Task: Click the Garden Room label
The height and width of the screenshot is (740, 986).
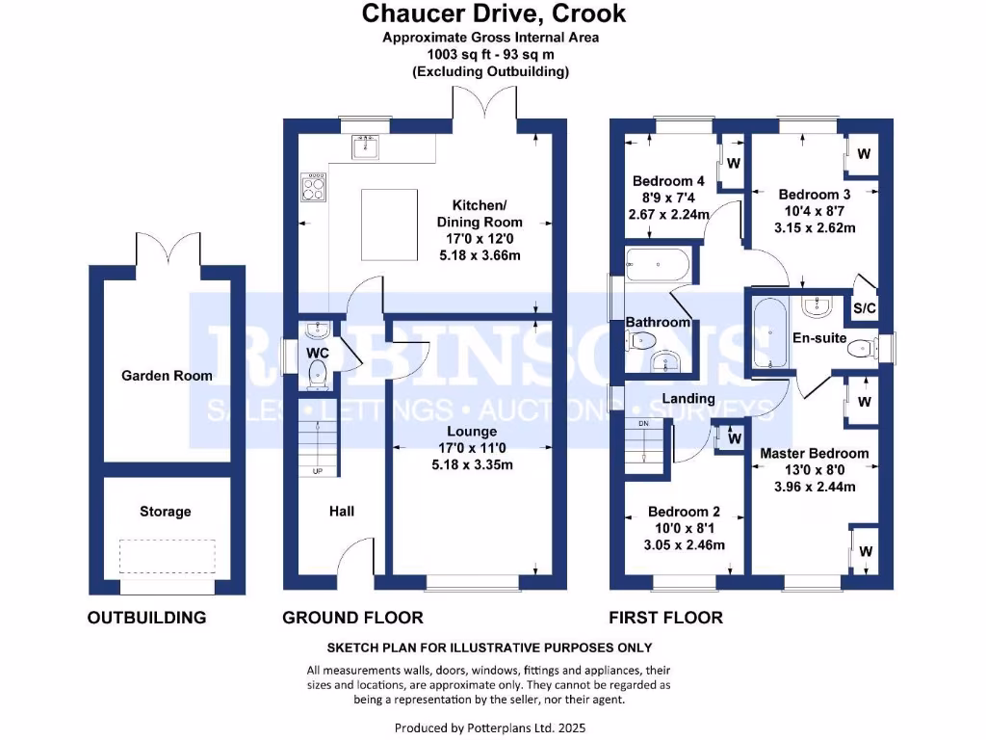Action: (167, 376)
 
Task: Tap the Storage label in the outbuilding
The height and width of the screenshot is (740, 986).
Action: (166, 512)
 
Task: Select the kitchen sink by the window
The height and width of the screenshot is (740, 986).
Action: (365, 147)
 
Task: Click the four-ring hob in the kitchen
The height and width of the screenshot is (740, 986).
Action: (314, 187)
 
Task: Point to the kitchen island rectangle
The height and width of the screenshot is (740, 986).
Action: (389, 225)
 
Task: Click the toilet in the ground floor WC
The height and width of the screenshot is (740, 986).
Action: (318, 374)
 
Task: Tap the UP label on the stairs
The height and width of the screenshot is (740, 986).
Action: (318, 470)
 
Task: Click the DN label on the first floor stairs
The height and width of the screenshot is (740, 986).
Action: (643, 424)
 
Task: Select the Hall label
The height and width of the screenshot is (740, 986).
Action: (342, 511)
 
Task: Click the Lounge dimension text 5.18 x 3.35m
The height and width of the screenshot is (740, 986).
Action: (472, 465)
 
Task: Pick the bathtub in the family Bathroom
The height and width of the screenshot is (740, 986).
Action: (658, 265)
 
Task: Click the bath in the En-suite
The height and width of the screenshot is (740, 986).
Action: (769, 332)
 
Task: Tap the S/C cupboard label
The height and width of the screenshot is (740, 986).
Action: (864, 308)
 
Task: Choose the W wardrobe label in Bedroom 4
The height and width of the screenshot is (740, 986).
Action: (733, 164)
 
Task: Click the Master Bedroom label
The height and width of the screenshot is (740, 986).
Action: (815, 453)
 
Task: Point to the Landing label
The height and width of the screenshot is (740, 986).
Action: (688, 398)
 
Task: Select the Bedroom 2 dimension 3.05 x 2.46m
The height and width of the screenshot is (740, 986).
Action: (685, 545)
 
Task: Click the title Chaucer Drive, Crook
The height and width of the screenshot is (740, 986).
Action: (494, 13)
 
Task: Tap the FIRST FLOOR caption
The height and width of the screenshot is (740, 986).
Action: (666, 618)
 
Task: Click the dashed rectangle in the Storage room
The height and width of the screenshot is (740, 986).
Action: (168, 556)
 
